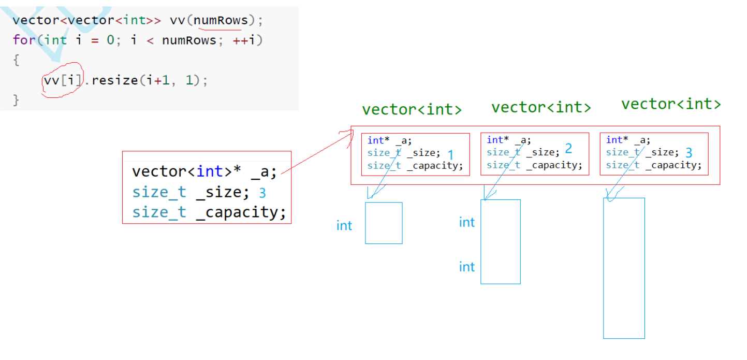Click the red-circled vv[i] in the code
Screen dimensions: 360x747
[x=61, y=81]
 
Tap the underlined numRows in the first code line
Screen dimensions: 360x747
[x=221, y=20]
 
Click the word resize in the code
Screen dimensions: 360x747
[x=114, y=81]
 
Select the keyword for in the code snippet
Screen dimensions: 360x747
[x=24, y=40]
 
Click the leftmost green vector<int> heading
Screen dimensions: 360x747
[x=412, y=110]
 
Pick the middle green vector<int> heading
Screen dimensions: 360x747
[x=541, y=107]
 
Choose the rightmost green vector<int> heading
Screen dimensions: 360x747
[x=671, y=104]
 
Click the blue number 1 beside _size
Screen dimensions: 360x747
[x=450, y=155]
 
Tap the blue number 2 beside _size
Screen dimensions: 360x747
[x=568, y=149]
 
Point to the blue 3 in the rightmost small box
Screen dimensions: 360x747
[x=689, y=153]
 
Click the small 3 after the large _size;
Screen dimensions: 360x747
[x=262, y=193]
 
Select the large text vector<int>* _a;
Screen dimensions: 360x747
[x=204, y=171]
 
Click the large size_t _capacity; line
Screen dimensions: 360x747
[x=209, y=212]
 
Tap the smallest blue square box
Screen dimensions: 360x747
[x=384, y=223]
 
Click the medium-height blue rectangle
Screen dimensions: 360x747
[x=500, y=241]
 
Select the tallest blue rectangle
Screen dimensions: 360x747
[x=624, y=268]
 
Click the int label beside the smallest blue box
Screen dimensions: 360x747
[x=344, y=225]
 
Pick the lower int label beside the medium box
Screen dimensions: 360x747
[x=466, y=267]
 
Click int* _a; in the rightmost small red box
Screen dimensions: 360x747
[x=628, y=140]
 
